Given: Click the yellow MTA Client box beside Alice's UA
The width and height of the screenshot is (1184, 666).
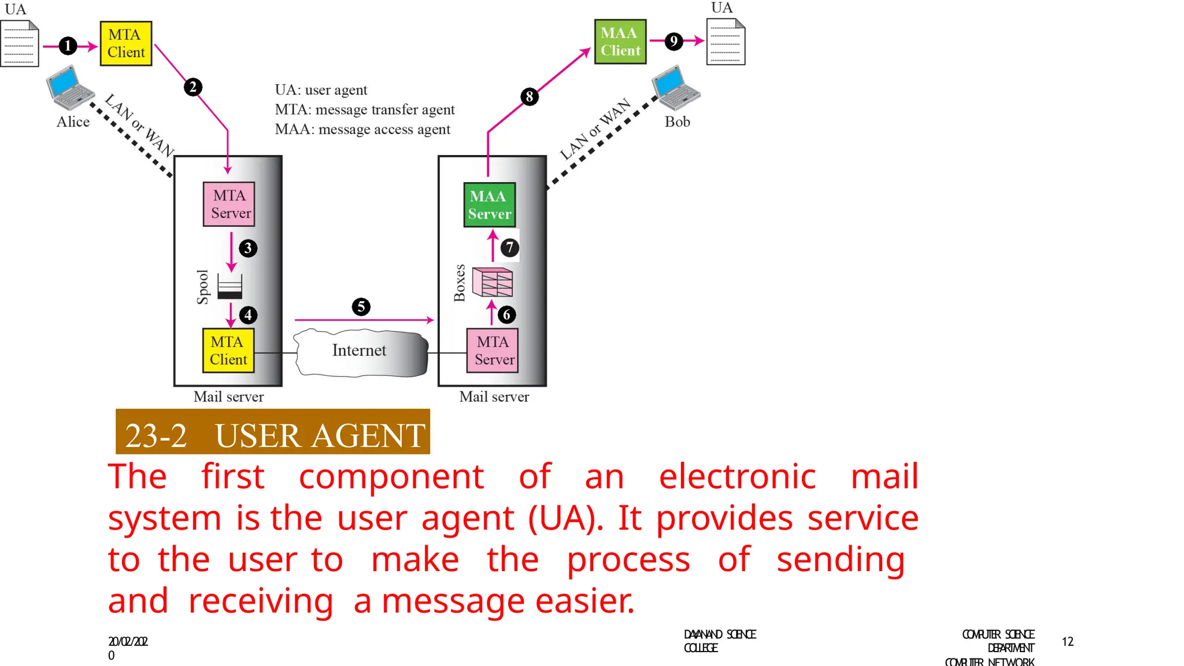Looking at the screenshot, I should (126, 43).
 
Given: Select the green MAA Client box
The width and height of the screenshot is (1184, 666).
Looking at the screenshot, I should (620, 42).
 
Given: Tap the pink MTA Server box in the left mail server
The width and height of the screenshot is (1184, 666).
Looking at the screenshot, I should (230, 204).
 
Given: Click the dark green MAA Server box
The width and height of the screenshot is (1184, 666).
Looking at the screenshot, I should (489, 205).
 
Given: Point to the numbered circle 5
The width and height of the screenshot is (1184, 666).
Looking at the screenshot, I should (361, 306).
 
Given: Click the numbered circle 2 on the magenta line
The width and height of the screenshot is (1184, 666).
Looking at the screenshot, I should (193, 87).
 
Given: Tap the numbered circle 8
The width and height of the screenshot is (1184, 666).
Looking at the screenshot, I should (530, 97).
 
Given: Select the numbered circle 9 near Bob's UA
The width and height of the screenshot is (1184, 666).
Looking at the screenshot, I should (674, 41).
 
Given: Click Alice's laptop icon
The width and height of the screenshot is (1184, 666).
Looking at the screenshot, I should (70, 88).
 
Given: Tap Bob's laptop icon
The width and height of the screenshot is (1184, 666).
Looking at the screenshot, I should (676, 88).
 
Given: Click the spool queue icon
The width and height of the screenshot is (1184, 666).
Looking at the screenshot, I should (230, 286).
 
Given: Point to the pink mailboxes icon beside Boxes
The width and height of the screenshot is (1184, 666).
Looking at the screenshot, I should (493, 282).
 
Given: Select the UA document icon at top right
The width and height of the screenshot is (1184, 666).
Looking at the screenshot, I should (726, 42).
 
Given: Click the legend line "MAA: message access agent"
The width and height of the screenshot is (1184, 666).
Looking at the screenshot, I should (362, 129).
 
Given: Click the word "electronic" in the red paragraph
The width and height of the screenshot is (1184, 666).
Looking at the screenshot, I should (737, 477).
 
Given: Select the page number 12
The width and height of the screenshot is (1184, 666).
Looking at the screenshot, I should (1067, 642).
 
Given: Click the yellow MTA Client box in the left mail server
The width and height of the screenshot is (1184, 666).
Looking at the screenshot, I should (228, 350).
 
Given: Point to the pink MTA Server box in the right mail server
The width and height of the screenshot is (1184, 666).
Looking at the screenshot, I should (493, 350).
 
